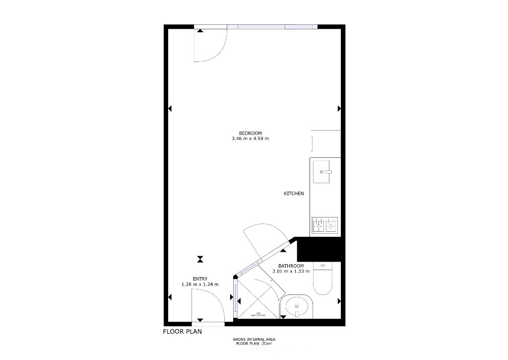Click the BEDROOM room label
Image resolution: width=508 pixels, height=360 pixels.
point(250,133)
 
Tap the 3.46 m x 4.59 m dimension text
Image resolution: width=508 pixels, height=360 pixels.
point(250,139)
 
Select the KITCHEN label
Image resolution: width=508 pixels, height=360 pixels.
point(294,194)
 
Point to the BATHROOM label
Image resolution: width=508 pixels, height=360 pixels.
point(291,266)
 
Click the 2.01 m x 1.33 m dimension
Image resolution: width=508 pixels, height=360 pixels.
point(291,272)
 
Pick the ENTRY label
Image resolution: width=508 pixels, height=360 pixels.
point(200,279)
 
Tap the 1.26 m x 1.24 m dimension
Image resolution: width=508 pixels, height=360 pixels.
point(200,285)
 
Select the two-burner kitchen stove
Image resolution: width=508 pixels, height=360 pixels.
point(324,225)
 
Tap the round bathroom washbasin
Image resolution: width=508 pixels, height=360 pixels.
point(297,306)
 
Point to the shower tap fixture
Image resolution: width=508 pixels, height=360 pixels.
point(258,314)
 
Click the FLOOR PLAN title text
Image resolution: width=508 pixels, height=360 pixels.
point(183,332)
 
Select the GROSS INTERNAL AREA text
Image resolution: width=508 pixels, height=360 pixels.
point(254,340)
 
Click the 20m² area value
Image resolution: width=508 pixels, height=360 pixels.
point(266,343)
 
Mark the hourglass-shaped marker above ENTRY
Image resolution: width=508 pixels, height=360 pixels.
point(200,259)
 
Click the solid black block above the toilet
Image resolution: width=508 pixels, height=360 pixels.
point(319,249)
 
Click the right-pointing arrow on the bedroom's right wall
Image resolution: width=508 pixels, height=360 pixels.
point(339,108)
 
